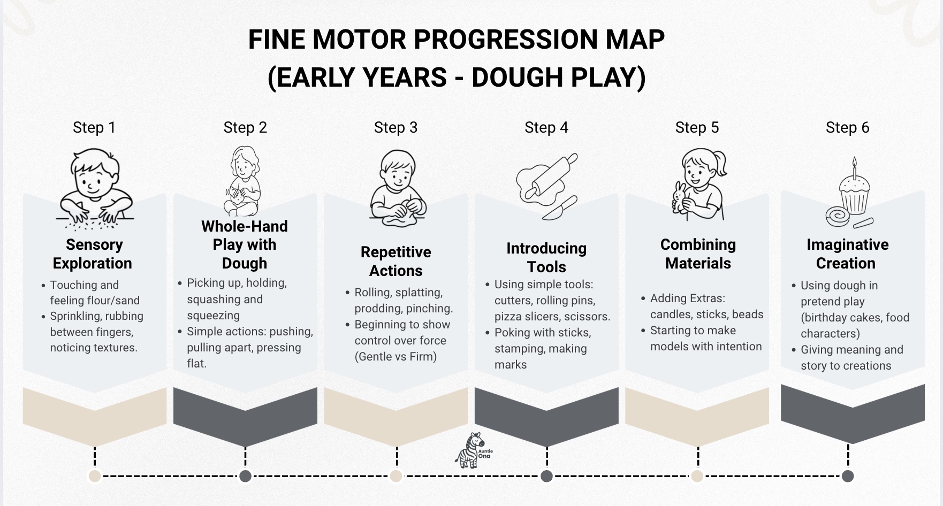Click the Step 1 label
tap(94, 127)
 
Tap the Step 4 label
tap(546, 127)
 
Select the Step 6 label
tap(848, 127)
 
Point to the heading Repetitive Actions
tap(396, 261)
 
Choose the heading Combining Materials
tap(698, 254)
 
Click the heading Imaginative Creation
tap(848, 254)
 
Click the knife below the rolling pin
tap(560, 208)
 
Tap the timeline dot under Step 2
tap(246, 476)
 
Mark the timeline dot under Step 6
tap(848, 476)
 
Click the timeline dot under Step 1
tap(95, 476)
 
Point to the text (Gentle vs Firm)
tap(396, 357)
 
